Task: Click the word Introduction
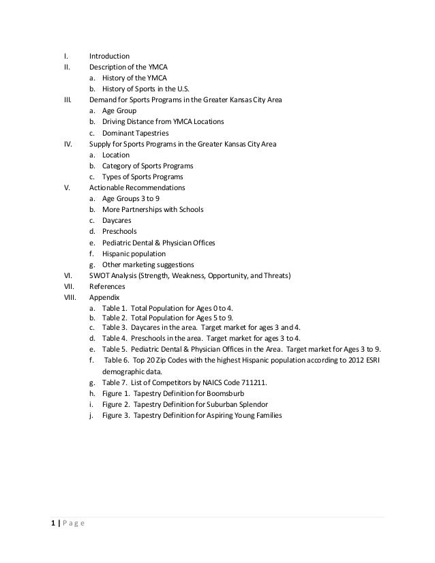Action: tap(109, 56)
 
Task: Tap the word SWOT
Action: tap(100, 275)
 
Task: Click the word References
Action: tap(107, 287)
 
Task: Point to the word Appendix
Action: tap(104, 298)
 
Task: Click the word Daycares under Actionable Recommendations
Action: tap(117, 221)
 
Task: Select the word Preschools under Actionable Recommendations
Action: tap(119, 232)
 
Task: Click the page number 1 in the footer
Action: tap(52, 523)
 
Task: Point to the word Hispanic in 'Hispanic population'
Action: tap(117, 254)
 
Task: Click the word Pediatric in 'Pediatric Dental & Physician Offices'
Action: tap(118, 243)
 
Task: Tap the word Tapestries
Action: tap(151, 133)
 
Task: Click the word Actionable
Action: tap(108, 187)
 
